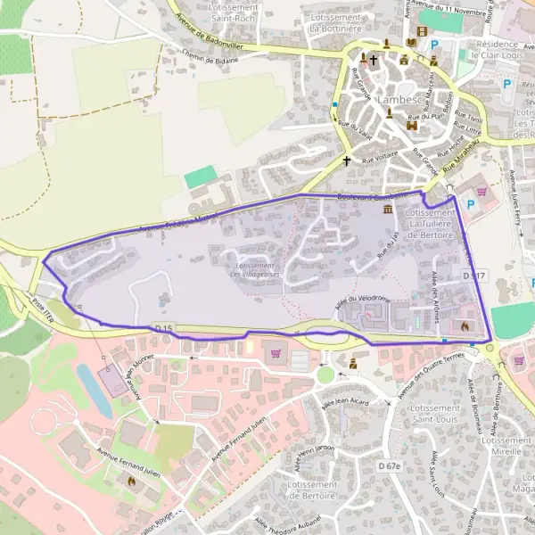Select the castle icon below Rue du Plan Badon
tap(412, 127)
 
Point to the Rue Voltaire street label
tap(380, 160)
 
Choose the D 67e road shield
tap(390, 466)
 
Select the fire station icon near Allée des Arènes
tap(465, 326)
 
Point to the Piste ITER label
tap(52, 302)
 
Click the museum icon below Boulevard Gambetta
tap(388, 210)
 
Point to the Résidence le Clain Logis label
tap(496, 49)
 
